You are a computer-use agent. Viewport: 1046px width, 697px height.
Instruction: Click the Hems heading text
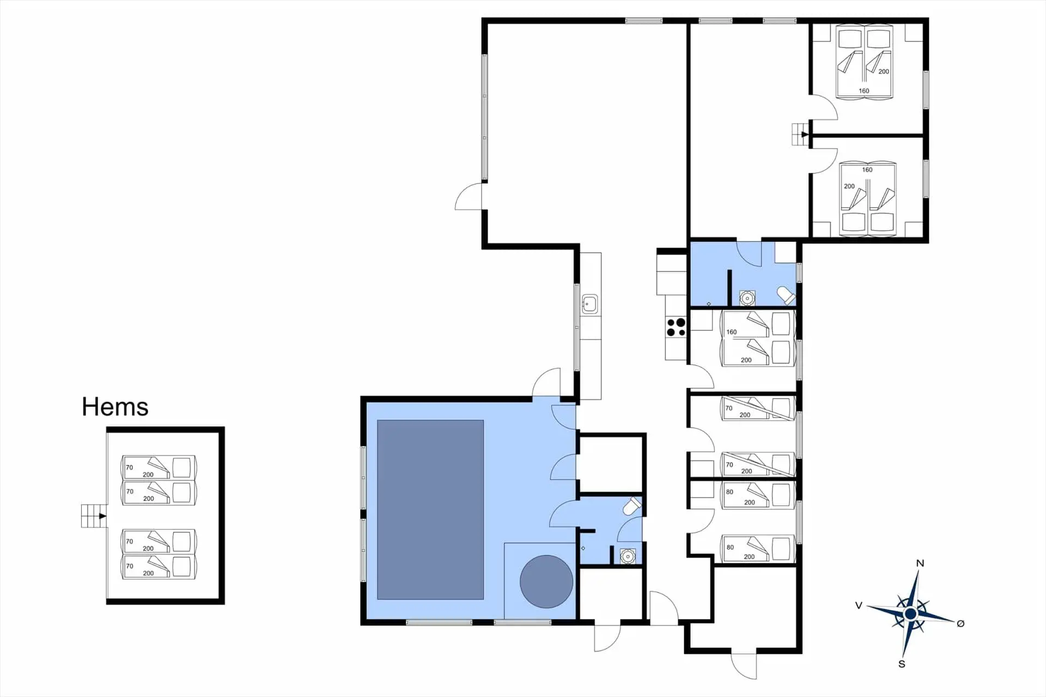[115, 407]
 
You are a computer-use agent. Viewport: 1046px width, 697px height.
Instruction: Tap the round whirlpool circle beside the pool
[546, 581]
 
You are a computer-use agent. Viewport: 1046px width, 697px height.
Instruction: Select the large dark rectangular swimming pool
[430, 510]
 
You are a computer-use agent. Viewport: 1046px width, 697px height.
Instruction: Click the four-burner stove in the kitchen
[676, 328]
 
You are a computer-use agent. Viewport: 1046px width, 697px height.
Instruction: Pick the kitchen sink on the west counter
[589, 304]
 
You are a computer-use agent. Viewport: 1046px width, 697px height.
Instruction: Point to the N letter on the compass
[920, 563]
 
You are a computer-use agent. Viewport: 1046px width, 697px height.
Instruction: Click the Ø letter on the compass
[960, 623]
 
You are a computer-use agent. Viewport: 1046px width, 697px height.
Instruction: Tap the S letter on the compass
[902, 664]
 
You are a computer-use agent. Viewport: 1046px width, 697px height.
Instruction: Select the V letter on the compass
[859, 605]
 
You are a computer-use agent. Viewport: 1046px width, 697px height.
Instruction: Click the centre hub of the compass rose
[910, 614]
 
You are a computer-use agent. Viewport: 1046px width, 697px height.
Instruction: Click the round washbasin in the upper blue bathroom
[747, 298]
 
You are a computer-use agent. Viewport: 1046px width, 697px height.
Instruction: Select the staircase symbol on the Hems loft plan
[93, 516]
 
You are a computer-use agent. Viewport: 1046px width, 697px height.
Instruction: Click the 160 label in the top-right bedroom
[863, 91]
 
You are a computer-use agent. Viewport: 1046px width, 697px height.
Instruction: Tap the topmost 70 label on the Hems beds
[129, 468]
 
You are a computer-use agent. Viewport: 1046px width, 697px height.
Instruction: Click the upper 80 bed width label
[729, 492]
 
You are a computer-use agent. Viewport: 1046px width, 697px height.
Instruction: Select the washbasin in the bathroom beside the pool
[628, 556]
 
